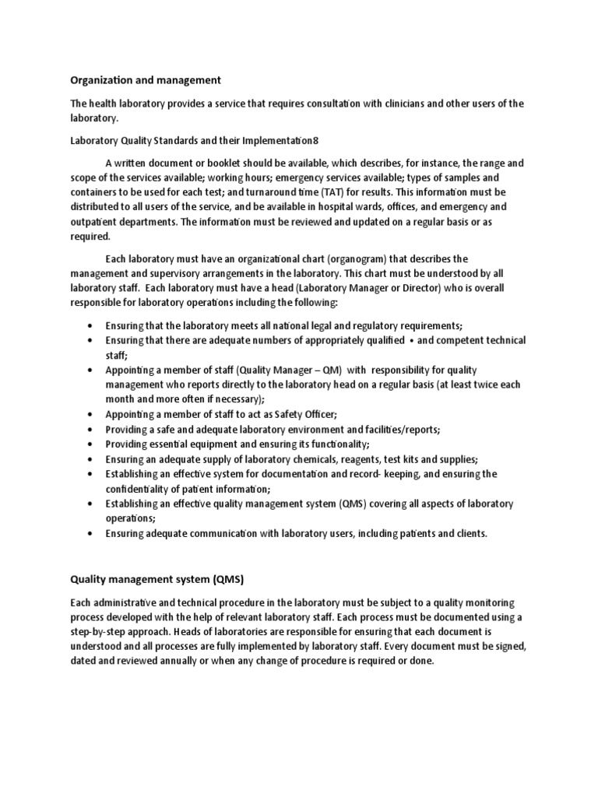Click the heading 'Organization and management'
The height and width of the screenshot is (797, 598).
point(146,80)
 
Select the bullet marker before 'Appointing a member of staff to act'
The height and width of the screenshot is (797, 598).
point(93,415)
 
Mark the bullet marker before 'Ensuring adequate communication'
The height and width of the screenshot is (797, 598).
point(93,533)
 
